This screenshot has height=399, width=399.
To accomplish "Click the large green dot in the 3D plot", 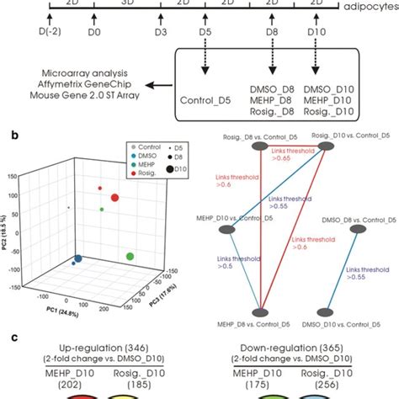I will pyautogui.click(x=130, y=256).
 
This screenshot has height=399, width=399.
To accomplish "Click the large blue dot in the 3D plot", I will pyautogui.click(x=78, y=260).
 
